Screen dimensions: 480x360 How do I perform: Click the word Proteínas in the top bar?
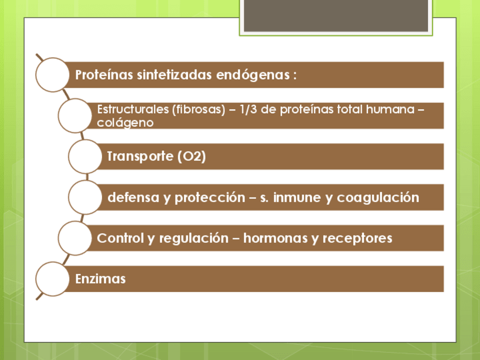(104, 75)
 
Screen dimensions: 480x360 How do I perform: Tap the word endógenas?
(253, 75)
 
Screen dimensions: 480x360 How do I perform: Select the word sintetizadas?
(174, 75)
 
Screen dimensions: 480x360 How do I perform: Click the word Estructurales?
(133, 109)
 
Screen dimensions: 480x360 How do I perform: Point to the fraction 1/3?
(248, 109)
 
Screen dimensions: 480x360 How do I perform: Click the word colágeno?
(125, 123)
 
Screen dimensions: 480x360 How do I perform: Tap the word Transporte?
(140, 156)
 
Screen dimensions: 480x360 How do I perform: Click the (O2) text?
(192, 156)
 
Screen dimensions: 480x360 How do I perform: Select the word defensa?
(134, 197)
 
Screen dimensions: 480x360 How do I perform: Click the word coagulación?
(378, 198)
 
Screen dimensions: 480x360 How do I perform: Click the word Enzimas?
(100, 279)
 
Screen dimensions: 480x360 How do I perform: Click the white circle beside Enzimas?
(52, 279)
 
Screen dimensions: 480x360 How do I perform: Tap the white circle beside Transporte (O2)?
(85, 156)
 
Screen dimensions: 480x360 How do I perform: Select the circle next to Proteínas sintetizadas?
(52, 75)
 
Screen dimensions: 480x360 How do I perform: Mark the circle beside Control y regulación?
(75, 238)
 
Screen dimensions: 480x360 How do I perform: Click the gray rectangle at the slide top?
(336, 15)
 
